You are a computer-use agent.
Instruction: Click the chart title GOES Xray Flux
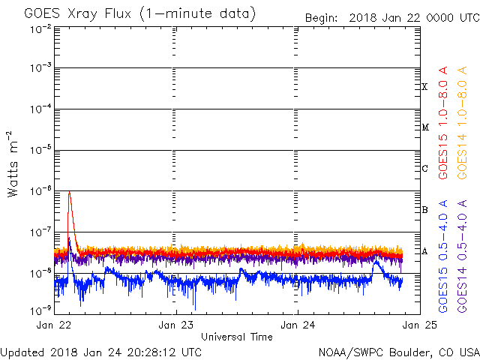[x=78, y=14]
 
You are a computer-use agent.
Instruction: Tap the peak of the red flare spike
[x=70, y=192]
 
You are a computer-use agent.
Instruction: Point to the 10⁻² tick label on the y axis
[x=41, y=30]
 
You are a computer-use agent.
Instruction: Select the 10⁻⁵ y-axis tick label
[x=41, y=150]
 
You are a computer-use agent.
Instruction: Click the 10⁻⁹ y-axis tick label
[x=41, y=310]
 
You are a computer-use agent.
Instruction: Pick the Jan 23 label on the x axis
[x=175, y=325]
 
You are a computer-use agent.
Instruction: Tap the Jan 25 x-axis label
[x=420, y=325]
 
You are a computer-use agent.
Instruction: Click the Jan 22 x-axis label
[x=54, y=325]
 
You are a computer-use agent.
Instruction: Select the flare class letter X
[x=424, y=87]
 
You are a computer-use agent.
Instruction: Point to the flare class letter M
[x=425, y=127]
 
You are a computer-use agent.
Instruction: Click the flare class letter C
[x=424, y=168]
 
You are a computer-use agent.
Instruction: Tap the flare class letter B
[x=424, y=210]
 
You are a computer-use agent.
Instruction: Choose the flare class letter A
[x=424, y=251]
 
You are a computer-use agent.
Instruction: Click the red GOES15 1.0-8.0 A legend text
[x=443, y=123]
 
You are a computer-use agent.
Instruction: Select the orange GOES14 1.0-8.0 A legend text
[x=462, y=123]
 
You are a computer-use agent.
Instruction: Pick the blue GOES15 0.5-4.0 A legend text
[x=443, y=256]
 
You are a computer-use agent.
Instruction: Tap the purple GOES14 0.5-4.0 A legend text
[x=462, y=256]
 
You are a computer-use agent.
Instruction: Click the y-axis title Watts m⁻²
[x=13, y=164]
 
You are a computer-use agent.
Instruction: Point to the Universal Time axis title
[x=237, y=337]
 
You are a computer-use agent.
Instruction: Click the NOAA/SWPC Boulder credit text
[x=399, y=352]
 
